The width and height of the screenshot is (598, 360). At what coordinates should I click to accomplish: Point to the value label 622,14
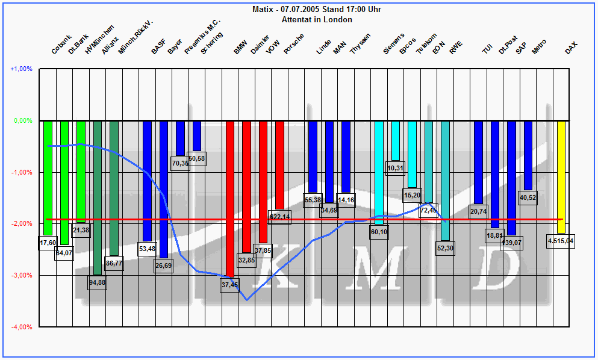(x=279, y=217)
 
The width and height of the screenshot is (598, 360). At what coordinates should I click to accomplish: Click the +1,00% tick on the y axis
(x=21, y=69)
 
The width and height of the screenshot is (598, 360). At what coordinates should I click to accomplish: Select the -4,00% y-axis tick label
(x=21, y=327)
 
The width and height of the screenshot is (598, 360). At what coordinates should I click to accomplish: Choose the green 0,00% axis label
(x=22, y=120)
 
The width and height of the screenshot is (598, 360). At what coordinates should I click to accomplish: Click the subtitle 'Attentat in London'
(x=317, y=19)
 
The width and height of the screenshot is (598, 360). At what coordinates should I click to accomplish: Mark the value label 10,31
(x=395, y=168)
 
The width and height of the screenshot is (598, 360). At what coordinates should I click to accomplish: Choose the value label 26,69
(x=163, y=265)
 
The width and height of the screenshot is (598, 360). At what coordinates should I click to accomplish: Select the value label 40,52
(x=528, y=197)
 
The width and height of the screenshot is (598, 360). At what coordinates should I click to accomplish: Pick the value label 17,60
(x=48, y=243)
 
